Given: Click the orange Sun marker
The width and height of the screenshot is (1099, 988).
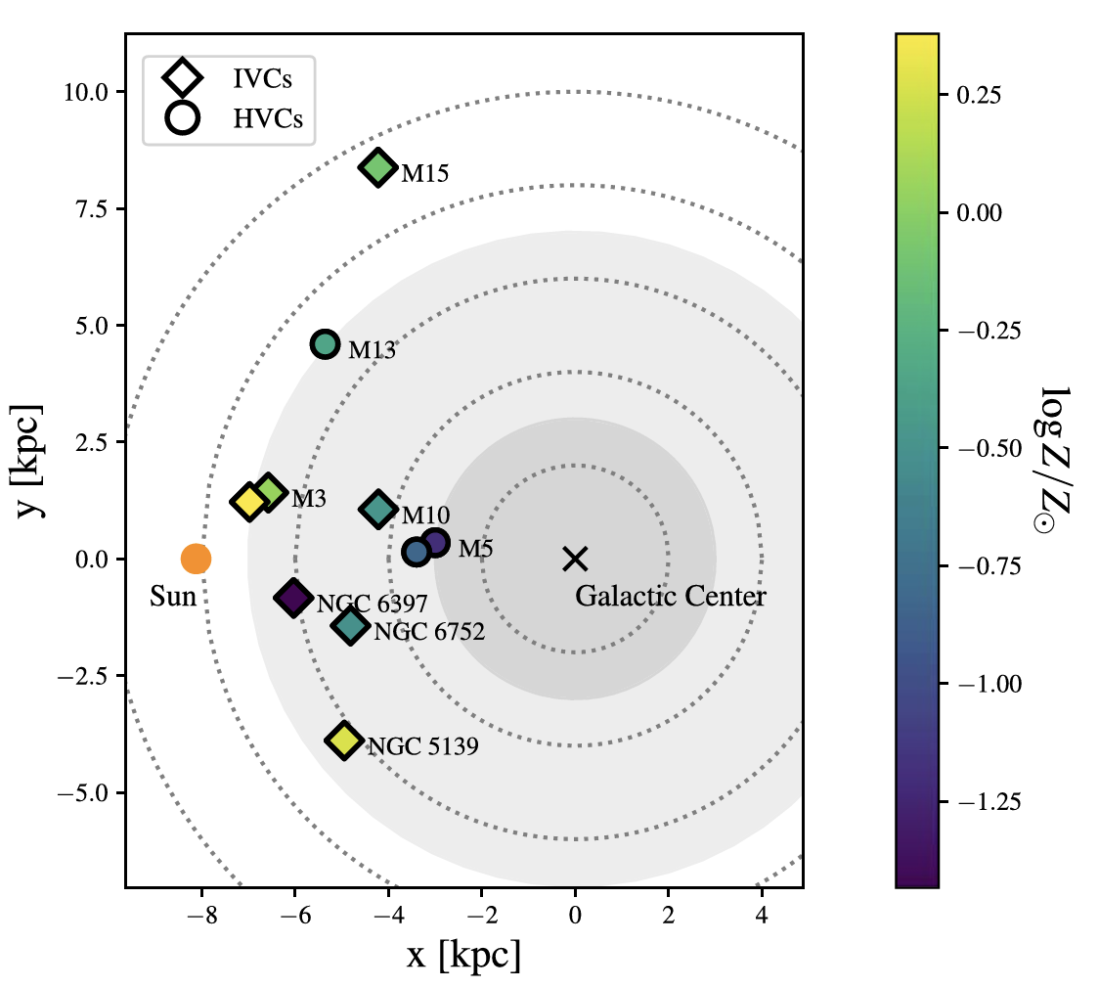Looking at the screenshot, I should pyautogui.click(x=196, y=559).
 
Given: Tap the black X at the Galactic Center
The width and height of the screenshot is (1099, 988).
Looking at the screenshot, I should pyautogui.click(x=575, y=559).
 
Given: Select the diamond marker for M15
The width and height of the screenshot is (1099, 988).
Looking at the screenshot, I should pyautogui.click(x=378, y=167).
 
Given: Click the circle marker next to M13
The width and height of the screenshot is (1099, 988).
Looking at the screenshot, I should pyautogui.click(x=326, y=344).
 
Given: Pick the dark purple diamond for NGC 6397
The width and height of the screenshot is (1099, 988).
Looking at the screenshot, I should pyautogui.click(x=292, y=597).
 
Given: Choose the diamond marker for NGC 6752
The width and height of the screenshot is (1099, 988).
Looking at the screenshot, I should pyautogui.click(x=349, y=625).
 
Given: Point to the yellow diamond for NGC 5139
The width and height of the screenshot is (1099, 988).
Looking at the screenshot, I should pyautogui.click(x=343, y=741).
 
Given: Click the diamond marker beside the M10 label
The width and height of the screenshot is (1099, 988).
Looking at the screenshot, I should pyautogui.click(x=378, y=509).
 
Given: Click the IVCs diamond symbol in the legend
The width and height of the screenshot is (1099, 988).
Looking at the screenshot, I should pyautogui.click(x=183, y=75).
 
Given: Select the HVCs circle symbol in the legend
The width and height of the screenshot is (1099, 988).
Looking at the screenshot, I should pyautogui.click(x=183, y=117).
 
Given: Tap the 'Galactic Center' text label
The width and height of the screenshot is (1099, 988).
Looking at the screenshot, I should pyautogui.click(x=670, y=596).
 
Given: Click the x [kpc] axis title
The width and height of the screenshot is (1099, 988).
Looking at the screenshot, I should pyautogui.click(x=463, y=956).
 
